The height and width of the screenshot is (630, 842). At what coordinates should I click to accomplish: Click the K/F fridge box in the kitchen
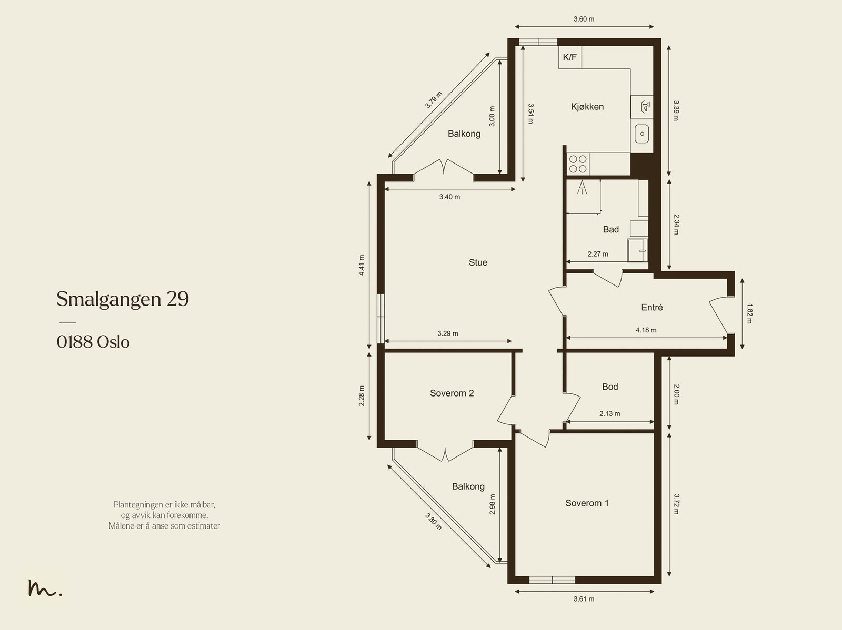point(570,57)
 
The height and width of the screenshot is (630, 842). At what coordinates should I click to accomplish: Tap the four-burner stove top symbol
point(578,164)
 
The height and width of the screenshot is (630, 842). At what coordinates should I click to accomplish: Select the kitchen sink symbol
point(641,134)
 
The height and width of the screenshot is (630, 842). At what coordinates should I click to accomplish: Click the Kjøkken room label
point(587,107)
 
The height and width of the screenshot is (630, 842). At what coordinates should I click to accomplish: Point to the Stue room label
point(478,262)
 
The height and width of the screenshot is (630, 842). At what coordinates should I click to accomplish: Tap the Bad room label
point(610,229)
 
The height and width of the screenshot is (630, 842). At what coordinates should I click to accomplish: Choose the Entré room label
point(651,307)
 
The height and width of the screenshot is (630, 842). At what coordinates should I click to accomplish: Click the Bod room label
point(610,387)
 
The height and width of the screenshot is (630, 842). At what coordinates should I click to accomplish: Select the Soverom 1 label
point(587,503)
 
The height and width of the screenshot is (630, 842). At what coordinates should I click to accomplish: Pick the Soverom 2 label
point(452,393)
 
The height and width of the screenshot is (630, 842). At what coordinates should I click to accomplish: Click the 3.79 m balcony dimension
point(434,100)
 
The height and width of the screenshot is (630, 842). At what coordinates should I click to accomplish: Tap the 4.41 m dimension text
point(362,265)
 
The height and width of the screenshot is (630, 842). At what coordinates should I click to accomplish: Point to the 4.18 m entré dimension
point(646,330)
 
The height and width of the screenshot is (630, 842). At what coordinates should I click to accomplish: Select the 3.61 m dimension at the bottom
point(584,599)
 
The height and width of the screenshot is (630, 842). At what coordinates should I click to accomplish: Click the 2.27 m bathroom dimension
point(598,254)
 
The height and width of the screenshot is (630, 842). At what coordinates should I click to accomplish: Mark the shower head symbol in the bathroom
point(583,187)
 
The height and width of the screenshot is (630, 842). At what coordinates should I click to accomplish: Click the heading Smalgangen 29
point(123,299)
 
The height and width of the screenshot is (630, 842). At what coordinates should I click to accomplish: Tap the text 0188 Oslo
point(93,342)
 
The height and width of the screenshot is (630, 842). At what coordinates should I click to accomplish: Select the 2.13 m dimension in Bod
point(609,413)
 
